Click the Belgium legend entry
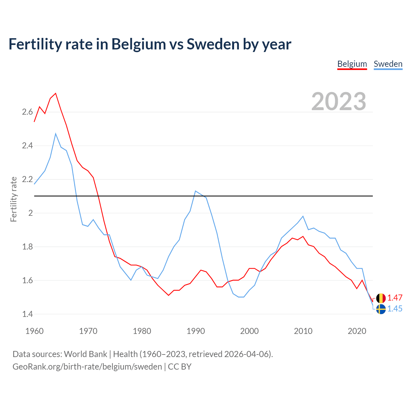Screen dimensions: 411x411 point(352,64)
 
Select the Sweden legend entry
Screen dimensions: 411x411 point(388,64)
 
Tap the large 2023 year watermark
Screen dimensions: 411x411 point(339,101)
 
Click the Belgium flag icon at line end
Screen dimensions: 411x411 point(381,298)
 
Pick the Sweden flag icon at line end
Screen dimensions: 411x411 point(381,309)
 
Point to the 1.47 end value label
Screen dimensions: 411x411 point(395,298)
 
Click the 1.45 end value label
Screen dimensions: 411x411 point(395,309)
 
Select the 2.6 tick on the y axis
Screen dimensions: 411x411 point(27,112)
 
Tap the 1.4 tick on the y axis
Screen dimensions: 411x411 point(27,314)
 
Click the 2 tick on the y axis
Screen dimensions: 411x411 point(31,213)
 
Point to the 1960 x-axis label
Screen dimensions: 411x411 point(34,331)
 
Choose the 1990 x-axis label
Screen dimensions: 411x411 point(196,331)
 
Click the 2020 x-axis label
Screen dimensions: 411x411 point(357,331)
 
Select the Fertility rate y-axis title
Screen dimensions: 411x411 point(13,199)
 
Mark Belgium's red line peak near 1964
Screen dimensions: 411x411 point(56,93)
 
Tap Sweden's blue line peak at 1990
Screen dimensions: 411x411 point(196,191)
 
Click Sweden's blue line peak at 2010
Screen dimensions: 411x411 point(303,216)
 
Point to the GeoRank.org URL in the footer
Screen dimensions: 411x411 point(87,367)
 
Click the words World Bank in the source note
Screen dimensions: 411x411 point(85,354)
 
